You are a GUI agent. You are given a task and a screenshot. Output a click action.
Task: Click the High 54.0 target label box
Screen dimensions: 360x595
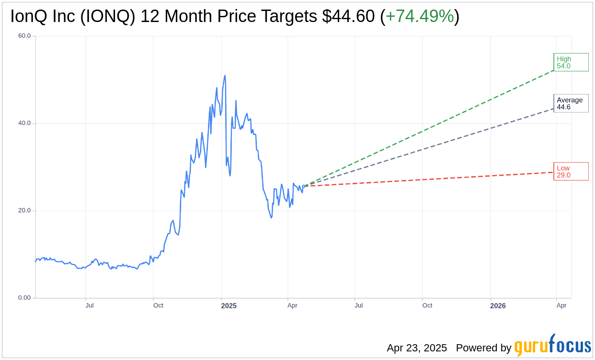pyautogui.click(x=571, y=62)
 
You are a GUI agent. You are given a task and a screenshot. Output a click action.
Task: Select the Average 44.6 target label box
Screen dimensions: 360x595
pyautogui.click(x=571, y=103)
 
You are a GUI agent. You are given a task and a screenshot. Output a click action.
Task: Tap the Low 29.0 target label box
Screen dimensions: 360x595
pyautogui.click(x=571, y=171)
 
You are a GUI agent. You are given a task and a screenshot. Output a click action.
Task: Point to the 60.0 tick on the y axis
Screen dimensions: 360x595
pyautogui.click(x=24, y=36)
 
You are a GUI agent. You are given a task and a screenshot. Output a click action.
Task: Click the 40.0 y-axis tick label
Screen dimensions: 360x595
pyautogui.click(x=24, y=123)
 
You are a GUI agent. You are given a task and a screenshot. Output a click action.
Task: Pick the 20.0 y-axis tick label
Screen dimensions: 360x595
pyautogui.click(x=24, y=211)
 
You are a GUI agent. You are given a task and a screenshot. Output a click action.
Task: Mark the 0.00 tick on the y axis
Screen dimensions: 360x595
pyautogui.click(x=24, y=298)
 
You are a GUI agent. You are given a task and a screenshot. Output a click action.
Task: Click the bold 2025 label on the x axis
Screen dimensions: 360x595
pyautogui.click(x=229, y=305)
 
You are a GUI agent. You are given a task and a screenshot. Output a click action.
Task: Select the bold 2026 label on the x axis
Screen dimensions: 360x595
pyautogui.click(x=498, y=305)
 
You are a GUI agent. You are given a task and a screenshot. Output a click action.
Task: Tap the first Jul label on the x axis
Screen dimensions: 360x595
pyautogui.click(x=90, y=305)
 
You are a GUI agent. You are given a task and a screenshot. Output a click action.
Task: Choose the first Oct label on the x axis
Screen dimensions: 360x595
pyautogui.click(x=158, y=305)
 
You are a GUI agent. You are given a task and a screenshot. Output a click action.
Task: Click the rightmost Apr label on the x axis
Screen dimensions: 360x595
pyautogui.click(x=561, y=305)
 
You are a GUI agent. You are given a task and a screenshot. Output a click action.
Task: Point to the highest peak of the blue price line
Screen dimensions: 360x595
pyautogui.click(x=225, y=76)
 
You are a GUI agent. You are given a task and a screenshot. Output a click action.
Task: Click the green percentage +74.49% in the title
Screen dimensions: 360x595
pyautogui.click(x=420, y=17)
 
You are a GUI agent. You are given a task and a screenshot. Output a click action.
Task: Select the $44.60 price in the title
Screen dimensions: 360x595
pyautogui.click(x=348, y=17)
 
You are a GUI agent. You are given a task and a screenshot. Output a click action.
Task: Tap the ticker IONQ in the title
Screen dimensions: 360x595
pyautogui.click(x=107, y=17)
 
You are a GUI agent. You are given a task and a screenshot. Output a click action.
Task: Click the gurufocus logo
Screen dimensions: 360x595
pyautogui.click(x=552, y=345)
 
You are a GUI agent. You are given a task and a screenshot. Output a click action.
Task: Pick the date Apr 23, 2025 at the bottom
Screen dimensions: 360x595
pyautogui.click(x=417, y=348)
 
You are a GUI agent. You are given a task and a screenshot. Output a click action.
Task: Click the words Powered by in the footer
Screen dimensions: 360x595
pyautogui.click(x=483, y=348)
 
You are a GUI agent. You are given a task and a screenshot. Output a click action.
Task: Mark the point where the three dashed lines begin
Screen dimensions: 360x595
pyautogui.click(x=304, y=186)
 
